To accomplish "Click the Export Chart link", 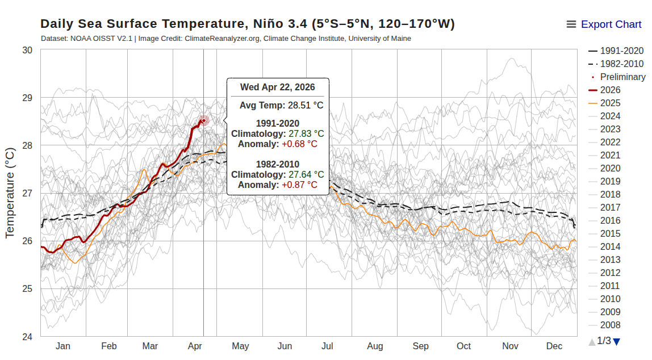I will (611, 24).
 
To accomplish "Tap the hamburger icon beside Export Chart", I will (571, 24).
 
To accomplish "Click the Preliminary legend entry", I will (622, 77).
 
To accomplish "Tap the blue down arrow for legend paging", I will (617, 341).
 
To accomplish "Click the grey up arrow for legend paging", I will (592, 341).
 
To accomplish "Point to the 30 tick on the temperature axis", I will (27, 50).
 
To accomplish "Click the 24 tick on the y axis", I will (27, 336).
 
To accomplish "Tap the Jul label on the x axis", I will (327, 346).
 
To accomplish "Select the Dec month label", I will (554, 346).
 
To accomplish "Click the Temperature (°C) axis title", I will (10, 193).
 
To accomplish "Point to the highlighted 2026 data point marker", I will (204, 120).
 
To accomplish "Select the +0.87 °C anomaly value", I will (299, 185).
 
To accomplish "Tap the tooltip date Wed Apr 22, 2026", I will (277, 87).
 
